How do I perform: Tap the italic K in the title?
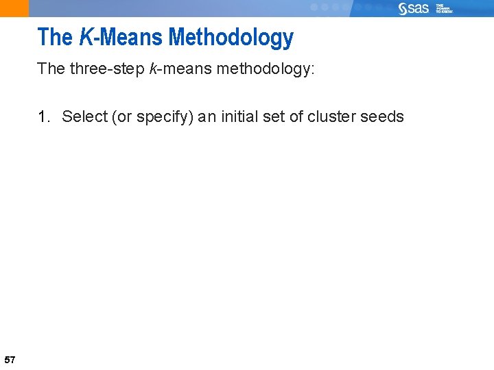(86, 37)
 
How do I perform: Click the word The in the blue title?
(55, 37)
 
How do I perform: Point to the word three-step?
(106, 70)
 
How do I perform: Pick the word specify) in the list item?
(165, 117)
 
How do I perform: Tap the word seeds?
(382, 116)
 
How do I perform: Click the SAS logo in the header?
(414, 8)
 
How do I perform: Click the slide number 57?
(10, 359)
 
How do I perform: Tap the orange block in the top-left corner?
(14, 8)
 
